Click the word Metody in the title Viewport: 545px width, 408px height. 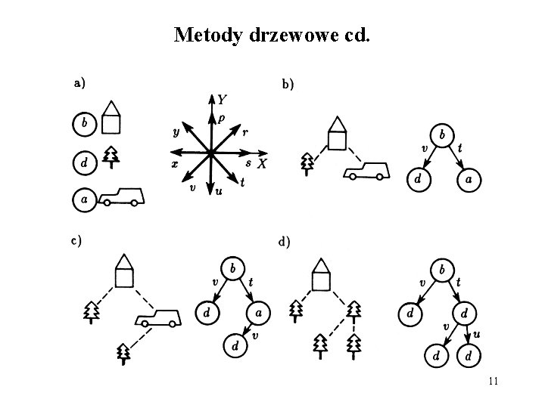207,36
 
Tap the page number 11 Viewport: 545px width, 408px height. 494,381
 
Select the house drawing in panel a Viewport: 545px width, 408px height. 113,117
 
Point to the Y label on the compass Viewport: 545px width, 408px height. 222,99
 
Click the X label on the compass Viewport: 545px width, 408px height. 261,164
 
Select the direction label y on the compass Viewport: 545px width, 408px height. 176,131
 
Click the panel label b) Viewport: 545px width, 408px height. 288,85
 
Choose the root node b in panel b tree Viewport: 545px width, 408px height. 443,135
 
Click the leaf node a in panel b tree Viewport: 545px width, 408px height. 469,180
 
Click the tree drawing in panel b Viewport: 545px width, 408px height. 307,163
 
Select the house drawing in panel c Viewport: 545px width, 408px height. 124,271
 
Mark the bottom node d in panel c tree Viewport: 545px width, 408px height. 235,347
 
